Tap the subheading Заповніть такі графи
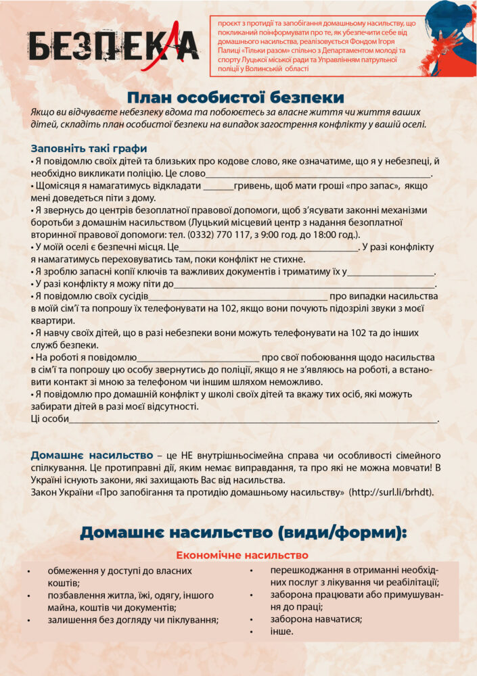pos(89,148)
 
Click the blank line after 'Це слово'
pos(318,174)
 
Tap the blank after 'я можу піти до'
pos(305,284)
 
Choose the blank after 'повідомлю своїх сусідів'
pos(238,296)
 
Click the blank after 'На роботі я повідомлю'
pos(198,357)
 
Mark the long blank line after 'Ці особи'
pos(254,419)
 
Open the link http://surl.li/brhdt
pos(392,491)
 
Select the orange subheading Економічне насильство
pos(242,556)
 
